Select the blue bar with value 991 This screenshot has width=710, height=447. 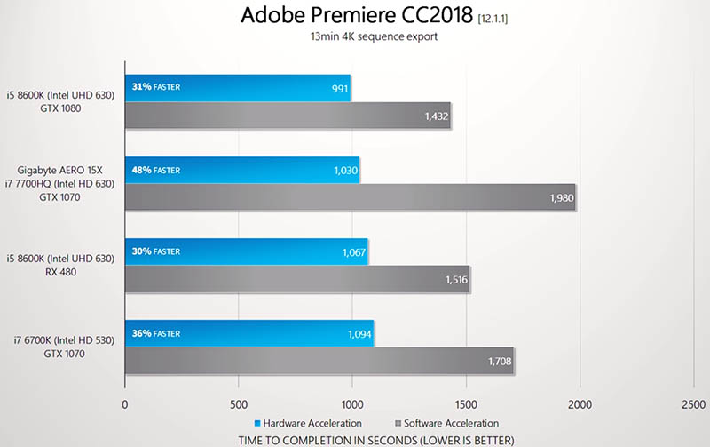pyautogui.click(x=237, y=88)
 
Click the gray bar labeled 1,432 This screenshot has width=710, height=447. pyautogui.click(x=288, y=116)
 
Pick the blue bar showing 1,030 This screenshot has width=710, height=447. pyautogui.click(x=241, y=170)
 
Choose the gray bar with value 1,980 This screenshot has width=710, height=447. pyautogui.click(x=350, y=198)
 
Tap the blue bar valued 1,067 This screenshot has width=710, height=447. pyautogui.click(x=246, y=251)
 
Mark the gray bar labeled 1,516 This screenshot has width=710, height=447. pyautogui.click(x=296, y=280)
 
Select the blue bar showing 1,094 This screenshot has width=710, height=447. pyautogui.click(x=248, y=333)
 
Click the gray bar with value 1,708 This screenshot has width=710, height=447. pyautogui.click(x=319, y=362)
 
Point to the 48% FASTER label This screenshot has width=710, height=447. pyautogui.click(x=156, y=170)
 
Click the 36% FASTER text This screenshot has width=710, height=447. pyautogui.click(x=156, y=333)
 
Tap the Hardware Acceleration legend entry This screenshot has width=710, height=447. pyautogui.click(x=309, y=423)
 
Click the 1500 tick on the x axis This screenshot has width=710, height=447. pyautogui.click(x=467, y=403)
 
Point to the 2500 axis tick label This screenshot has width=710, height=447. pyautogui.click(x=694, y=403)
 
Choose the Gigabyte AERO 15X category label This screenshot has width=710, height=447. pyautogui.click(x=66, y=169)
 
